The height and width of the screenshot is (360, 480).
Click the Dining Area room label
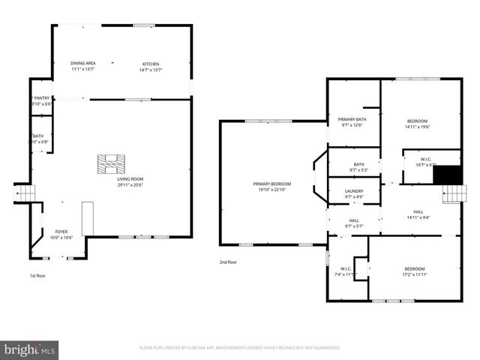click(82, 64)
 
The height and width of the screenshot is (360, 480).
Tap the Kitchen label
click(151, 64)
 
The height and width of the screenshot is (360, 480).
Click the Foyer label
click(61, 232)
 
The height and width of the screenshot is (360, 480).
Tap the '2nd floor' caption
click(229, 262)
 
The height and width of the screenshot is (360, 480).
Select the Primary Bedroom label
click(271, 184)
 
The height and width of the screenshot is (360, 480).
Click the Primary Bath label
click(352, 119)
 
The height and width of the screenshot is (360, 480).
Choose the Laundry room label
click(354, 191)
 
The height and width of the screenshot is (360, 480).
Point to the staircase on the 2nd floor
click(451, 194)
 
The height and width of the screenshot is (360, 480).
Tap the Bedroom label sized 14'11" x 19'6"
click(418, 121)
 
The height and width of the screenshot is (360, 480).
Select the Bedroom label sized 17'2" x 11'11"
click(415, 268)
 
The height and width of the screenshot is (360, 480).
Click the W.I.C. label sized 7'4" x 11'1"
click(346, 268)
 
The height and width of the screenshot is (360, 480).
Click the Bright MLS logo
click(29, 349)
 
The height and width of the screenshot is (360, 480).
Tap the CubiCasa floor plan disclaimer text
click(240, 347)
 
